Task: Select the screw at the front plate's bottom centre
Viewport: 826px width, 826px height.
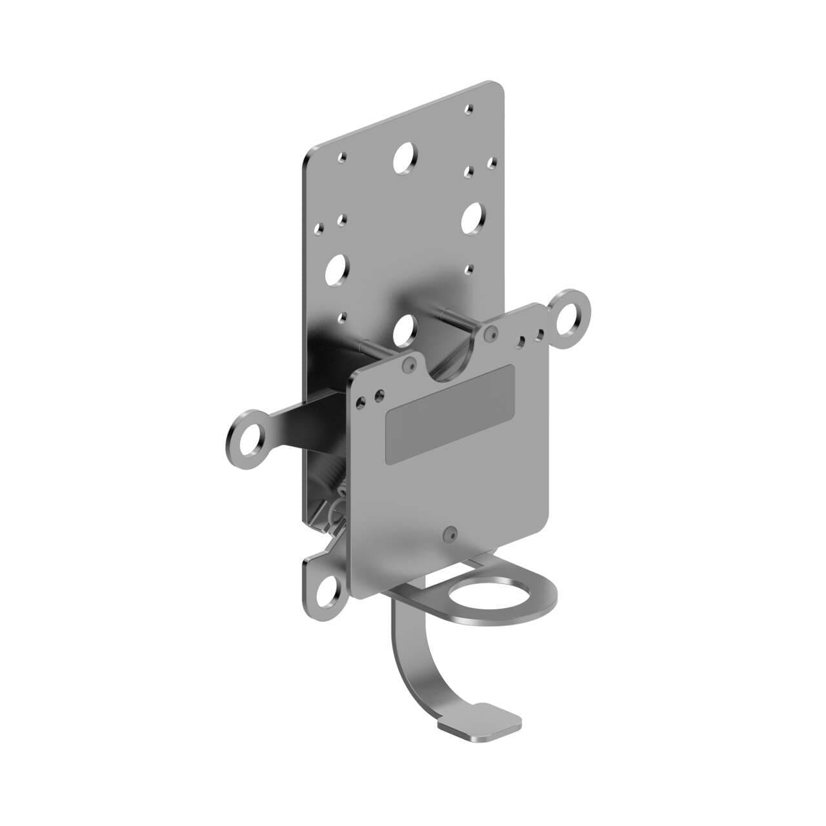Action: pyautogui.click(x=450, y=533)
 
